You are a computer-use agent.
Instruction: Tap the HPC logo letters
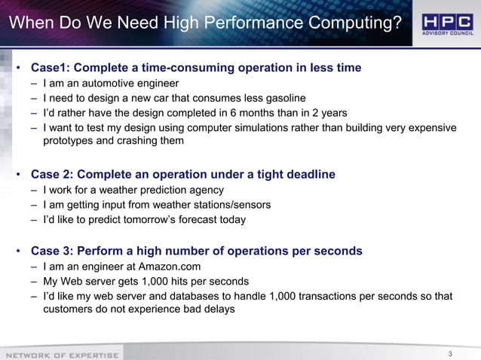click(x=448, y=20)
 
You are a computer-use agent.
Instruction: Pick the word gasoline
click(x=280, y=98)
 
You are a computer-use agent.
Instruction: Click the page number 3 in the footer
click(x=449, y=353)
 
